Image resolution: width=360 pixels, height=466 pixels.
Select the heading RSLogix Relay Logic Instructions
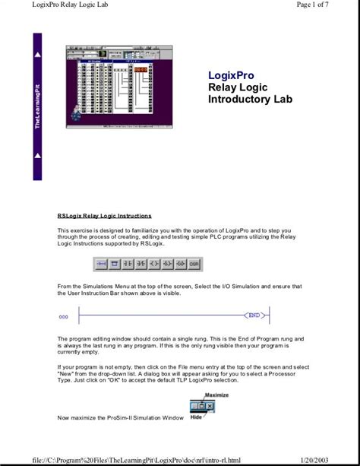pyautogui.click(x=104, y=216)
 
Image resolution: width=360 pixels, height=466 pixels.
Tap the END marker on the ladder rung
pyautogui.click(x=254, y=315)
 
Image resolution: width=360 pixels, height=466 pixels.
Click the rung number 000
pyautogui.click(x=63, y=315)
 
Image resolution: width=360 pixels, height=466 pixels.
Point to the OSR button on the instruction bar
pyautogui.click(x=194, y=265)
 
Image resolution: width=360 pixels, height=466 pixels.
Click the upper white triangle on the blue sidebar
pyautogui.click(x=38, y=56)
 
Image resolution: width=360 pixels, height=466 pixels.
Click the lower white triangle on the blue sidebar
pyautogui.click(x=38, y=155)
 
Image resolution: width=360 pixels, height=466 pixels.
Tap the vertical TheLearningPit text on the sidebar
pyautogui.click(x=38, y=106)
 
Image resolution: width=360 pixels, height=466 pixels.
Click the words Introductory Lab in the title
pyautogui.click(x=249, y=100)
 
